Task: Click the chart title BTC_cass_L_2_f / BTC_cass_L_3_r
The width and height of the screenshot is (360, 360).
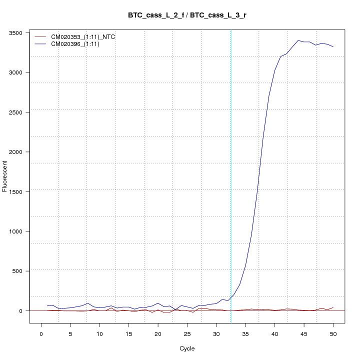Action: (187, 15)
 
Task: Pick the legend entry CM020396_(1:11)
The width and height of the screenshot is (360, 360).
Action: (79, 44)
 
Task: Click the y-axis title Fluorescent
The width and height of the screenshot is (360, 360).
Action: (5, 176)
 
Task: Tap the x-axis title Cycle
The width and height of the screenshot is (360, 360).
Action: (187, 348)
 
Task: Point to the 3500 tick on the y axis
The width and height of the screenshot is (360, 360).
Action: (21, 33)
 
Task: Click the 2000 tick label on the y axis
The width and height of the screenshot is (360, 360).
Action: (21, 152)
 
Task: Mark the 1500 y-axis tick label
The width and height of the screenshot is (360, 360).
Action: (21, 191)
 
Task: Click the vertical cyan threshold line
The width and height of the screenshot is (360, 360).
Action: (230, 175)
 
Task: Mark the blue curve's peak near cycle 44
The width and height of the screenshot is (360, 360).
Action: (298, 40)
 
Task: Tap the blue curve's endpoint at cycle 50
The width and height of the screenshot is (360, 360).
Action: (333, 46)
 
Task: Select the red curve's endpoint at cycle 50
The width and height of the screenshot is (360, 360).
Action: (333, 307)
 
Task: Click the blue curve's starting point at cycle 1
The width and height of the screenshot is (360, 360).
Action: (47, 305)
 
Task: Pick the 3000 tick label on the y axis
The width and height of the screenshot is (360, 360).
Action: (21, 72)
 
